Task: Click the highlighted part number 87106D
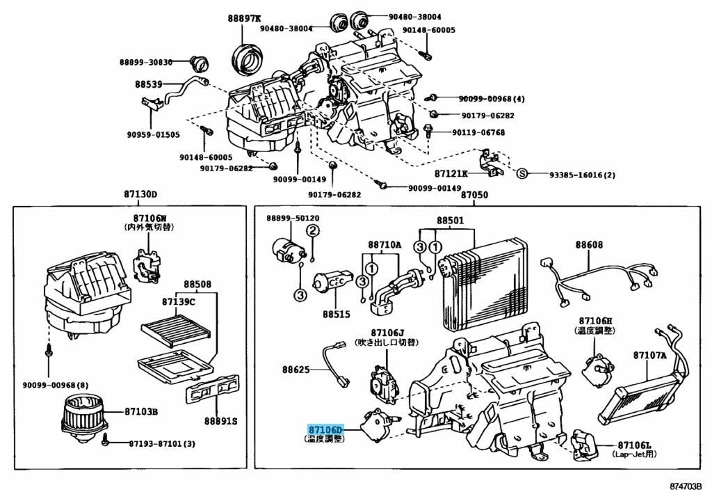click(326, 431)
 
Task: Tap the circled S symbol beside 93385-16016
click(523, 173)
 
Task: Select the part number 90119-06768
click(478, 132)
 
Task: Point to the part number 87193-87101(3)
click(161, 444)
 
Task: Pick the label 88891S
click(220, 421)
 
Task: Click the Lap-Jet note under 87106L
click(634, 454)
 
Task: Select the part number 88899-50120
click(293, 219)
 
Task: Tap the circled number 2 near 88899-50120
click(314, 231)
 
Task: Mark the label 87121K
click(451, 173)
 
